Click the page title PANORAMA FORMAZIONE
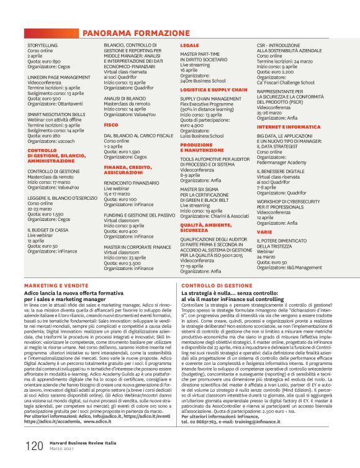point(136,32)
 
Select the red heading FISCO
point(110,125)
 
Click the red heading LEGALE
point(189,46)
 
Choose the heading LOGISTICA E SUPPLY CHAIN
point(209,89)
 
